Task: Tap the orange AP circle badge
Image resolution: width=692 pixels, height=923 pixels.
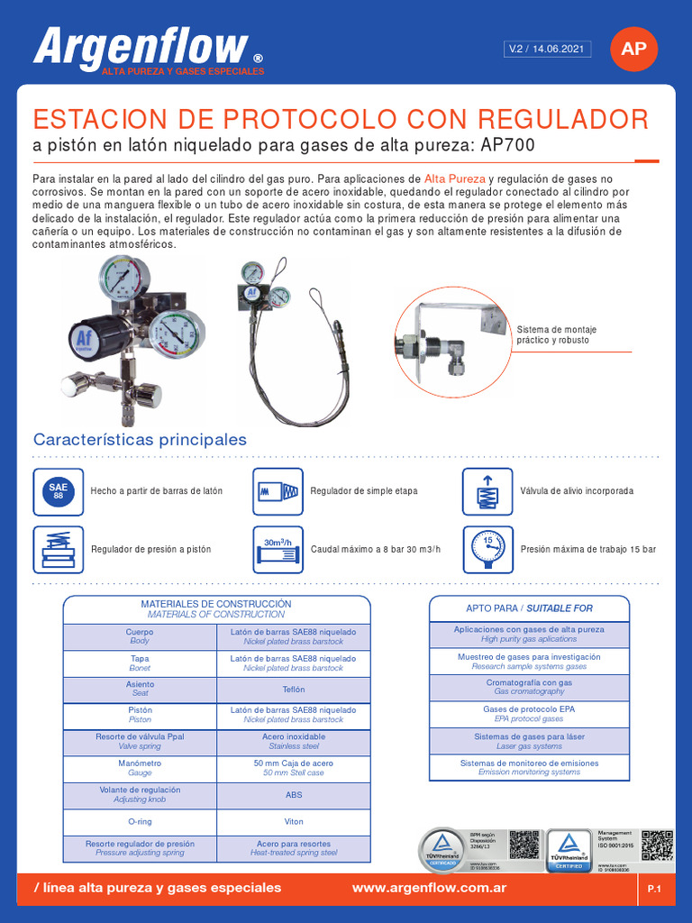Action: (x=633, y=49)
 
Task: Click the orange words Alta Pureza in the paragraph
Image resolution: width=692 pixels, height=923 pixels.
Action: (x=454, y=178)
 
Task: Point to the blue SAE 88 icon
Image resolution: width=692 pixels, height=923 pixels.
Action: (x=58, y=491)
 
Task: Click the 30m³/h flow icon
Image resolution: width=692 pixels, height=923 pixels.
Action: (x=278, y=549)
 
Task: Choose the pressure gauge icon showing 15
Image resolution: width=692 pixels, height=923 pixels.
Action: (x=487, y=549)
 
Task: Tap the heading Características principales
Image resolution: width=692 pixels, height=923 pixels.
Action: (x=140, y=440)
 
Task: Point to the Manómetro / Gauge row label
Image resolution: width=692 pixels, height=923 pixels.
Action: (x=140, y=768)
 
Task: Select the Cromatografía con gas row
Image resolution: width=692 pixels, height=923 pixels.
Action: (x=529, y=688)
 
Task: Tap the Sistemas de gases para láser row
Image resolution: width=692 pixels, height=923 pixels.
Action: (x=529, y=741)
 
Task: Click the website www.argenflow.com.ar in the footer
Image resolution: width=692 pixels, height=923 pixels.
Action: (x=429, y=888)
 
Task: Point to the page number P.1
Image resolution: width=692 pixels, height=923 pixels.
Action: (x=654, y=890)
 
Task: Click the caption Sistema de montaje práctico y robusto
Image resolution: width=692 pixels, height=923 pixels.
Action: (x=556, y=334)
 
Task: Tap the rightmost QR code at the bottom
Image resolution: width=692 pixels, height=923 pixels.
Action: (x=657, y=845)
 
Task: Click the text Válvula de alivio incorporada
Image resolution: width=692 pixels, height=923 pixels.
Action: (x=577, y=491)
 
